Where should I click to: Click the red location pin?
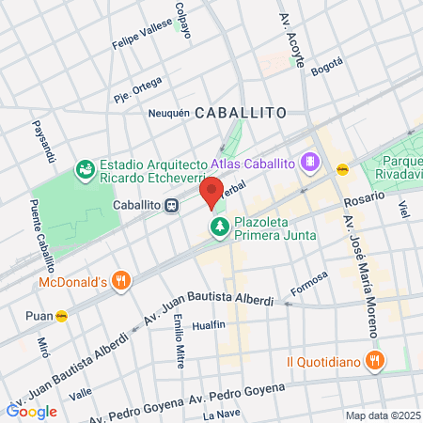click(x=211, y=193)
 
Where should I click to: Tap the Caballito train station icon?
click(x=172, y=206)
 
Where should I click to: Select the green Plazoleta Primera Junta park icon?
click(x=219, y=226)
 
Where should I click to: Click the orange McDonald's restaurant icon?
click(x=120, y=281)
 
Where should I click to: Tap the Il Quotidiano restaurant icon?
click(x=375, y=360)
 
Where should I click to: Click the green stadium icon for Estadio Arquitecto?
click(x=85, y=169)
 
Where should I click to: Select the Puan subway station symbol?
click(x=62, y=316)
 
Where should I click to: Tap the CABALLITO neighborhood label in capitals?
click(x=241, y=113)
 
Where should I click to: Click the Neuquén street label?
click(x=169, y=113)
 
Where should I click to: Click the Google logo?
click(x=31, y=411)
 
